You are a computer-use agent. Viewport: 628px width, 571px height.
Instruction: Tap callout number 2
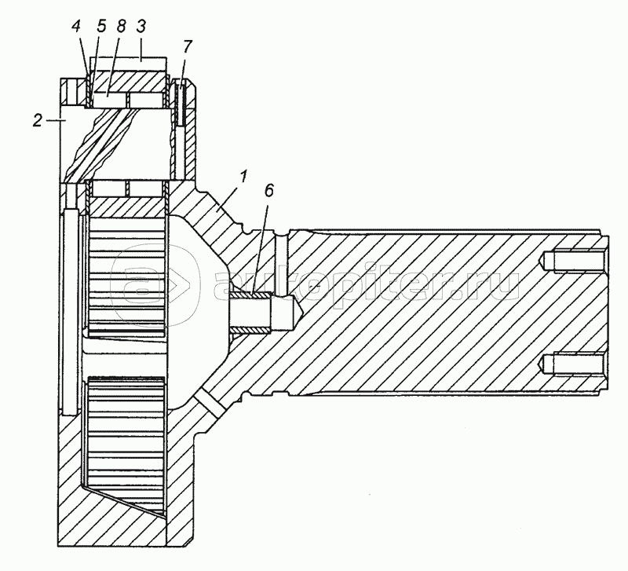37,120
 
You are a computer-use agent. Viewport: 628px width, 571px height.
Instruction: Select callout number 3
141,26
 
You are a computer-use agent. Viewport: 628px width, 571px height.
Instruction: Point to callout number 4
76,27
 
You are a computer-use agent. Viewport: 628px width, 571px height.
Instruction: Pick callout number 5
101,27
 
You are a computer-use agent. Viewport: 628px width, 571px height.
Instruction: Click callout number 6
268,190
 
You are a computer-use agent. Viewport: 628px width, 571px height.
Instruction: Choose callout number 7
188,46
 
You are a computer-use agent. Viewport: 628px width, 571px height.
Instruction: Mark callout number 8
121,26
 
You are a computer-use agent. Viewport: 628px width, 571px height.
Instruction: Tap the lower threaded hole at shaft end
573,364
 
